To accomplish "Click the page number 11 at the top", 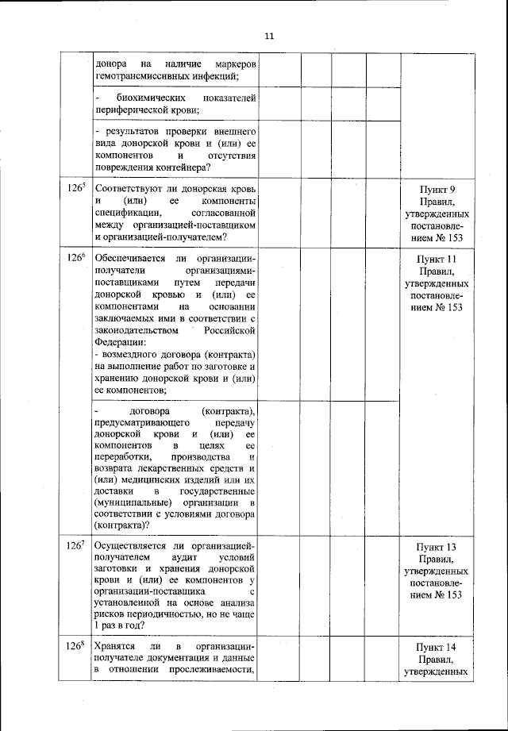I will [x=268, y=36].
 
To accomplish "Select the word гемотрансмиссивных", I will [x=140, y=76].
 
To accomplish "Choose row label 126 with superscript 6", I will [x=76, y=259].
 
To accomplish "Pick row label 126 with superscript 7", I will [x=76, y=547].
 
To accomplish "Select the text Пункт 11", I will [x=437, y=260].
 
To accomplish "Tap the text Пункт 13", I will [x=437, y=548].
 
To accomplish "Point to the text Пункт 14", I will [x=437, y=647].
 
